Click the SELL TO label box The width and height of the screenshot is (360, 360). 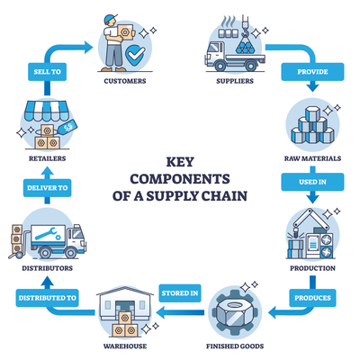click(x=47, y=72)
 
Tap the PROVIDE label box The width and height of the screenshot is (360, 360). click(x=312, y=72)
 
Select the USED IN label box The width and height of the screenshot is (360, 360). click(x=312, y=182)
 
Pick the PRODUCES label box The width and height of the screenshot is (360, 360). click(x=312, y=298)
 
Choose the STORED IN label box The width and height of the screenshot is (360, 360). click(x=180, y=292)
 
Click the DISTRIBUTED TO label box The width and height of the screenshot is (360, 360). click(x=47, y=298)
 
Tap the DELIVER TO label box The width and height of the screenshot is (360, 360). click(x=47, y=188)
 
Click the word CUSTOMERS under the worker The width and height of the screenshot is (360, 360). click(x=125, y=81)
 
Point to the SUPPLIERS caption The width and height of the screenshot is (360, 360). click(x=235, y=81)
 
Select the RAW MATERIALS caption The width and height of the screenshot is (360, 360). click(x=312, y=158)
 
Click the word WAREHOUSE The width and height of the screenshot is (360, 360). click(x=125, y=346)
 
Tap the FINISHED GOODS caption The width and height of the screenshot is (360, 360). click(x=235, y=346)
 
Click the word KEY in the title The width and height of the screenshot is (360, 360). click(x=180, y=162)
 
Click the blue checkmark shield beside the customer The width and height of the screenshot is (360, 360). click(x=135, y=55)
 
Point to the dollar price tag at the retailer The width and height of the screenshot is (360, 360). click(x=67, y=127)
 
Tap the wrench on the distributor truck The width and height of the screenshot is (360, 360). click(x=48, y=234)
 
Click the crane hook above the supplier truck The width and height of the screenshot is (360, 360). click(x=246, y=26)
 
